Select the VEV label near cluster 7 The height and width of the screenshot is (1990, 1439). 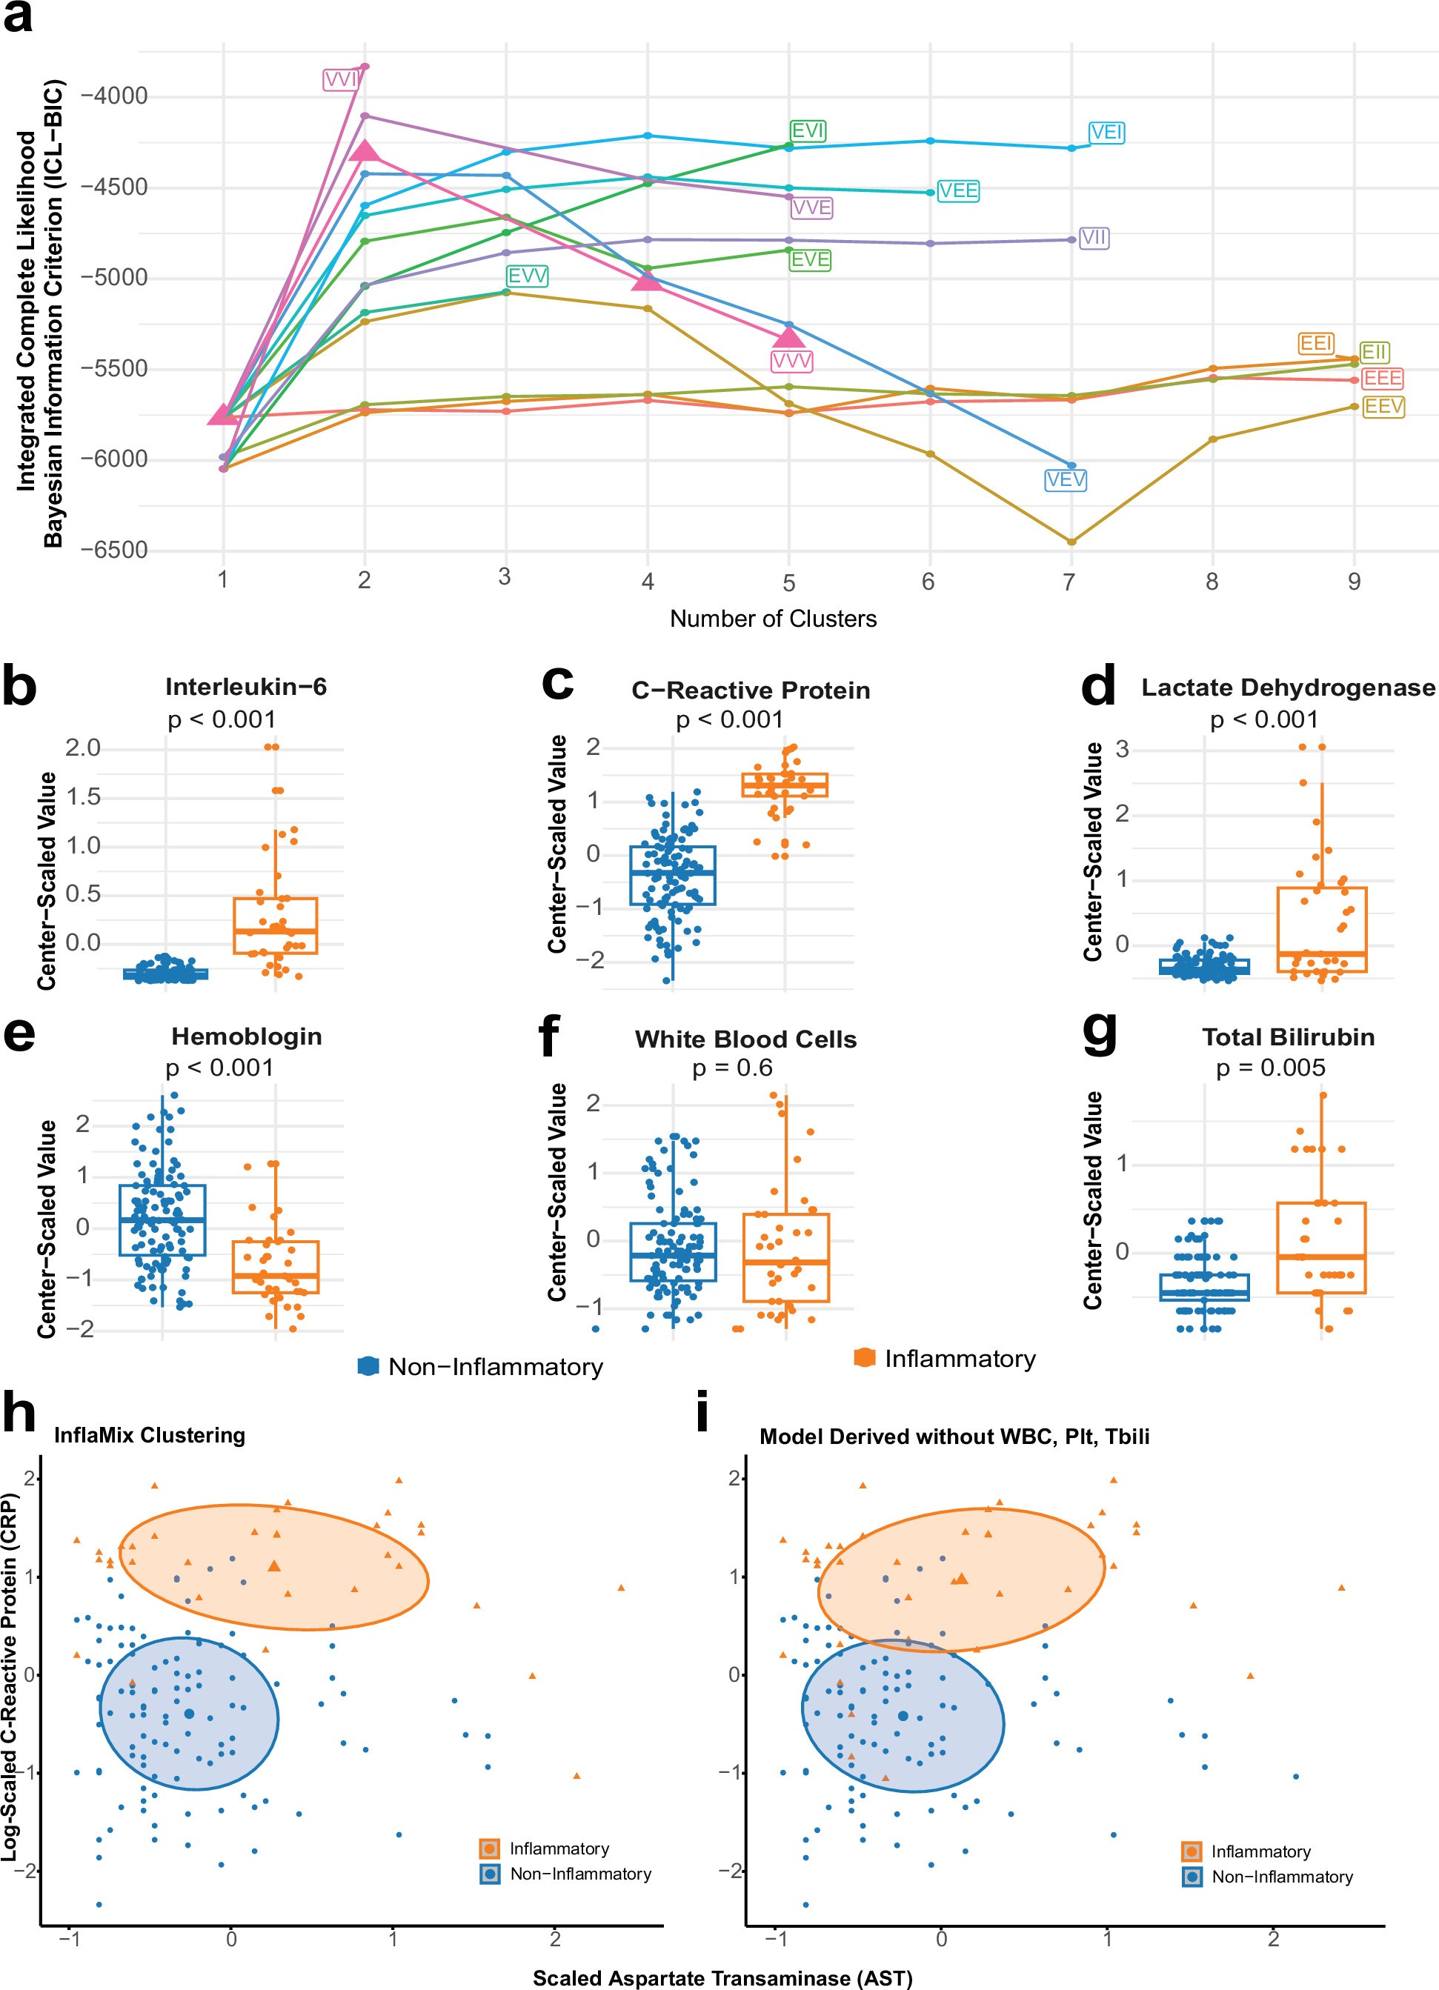1066,480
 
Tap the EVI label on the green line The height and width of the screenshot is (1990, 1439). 807,130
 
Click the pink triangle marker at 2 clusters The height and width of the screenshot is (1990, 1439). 365,152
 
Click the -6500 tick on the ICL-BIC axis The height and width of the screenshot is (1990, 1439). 114,550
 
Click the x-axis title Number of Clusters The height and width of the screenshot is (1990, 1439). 772,619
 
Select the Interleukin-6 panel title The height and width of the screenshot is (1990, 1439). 246,686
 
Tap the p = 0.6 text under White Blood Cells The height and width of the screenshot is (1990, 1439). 732,1068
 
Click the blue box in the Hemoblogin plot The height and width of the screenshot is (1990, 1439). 162,1219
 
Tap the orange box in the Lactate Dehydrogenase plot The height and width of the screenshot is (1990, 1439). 1321,929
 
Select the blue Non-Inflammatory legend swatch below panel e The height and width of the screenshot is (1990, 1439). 368,1366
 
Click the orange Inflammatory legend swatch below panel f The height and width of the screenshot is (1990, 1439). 864,1358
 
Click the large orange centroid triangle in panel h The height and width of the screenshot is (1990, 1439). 275,1565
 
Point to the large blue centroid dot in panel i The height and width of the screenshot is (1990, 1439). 903,1715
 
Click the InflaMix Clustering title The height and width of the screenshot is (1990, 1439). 149,1436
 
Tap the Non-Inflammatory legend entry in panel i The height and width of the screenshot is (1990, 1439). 1281,1877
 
